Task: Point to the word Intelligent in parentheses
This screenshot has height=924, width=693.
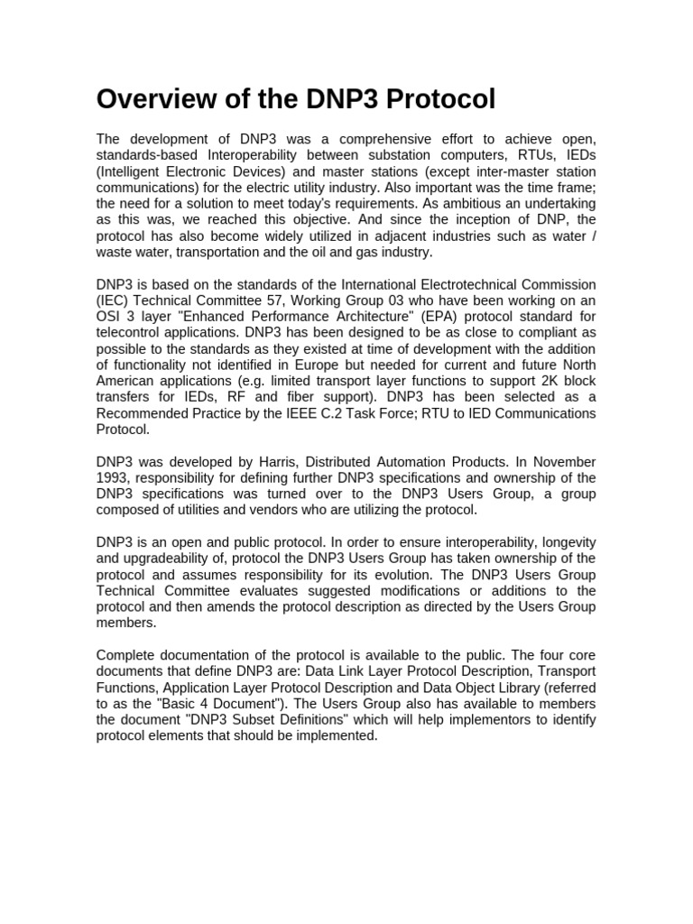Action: point(134,171)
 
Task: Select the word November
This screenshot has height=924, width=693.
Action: point(564,463)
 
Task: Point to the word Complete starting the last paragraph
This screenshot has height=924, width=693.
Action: point(127,656)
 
